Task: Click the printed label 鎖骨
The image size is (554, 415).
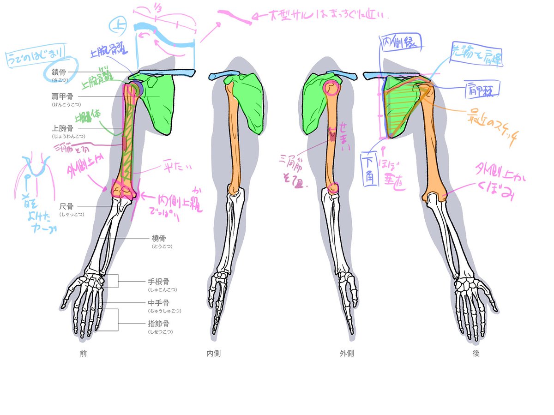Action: click(x=60, y=72)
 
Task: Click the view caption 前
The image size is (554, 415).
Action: click(x=83, y=354)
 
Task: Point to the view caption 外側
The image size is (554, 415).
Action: click(x=347, y=354)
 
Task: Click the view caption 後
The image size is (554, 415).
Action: click(x=476, y=354)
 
